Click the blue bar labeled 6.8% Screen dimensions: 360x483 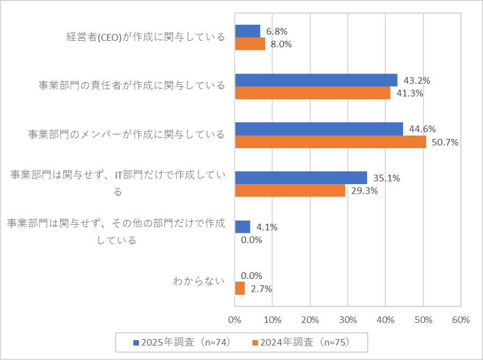[x=247, y=31]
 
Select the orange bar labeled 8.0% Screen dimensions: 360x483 [x=250, y=44]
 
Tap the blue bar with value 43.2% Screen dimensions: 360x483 [x=316, y=80]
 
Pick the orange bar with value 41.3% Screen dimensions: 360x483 [x=313, y=93]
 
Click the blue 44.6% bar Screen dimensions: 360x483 [x=319, y=129]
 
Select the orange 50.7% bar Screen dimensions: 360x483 [x=331, y=142]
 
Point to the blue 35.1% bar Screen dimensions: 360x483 [x=301, y=178]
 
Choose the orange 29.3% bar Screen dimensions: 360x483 [x=290, y=190]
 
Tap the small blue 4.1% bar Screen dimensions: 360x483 [x=243, y=226]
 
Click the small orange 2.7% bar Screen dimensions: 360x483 [x=240, y=289]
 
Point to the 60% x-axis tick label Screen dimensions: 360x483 [x=461, y=320]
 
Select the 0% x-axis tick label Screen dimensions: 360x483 [x=235, y=320]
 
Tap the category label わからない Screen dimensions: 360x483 [x=198, y=282]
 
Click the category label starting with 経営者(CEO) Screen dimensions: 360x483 [x=145, y=37]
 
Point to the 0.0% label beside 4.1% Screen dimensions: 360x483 [x=251, y=240]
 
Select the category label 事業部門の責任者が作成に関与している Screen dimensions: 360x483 [x=131, y=86]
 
